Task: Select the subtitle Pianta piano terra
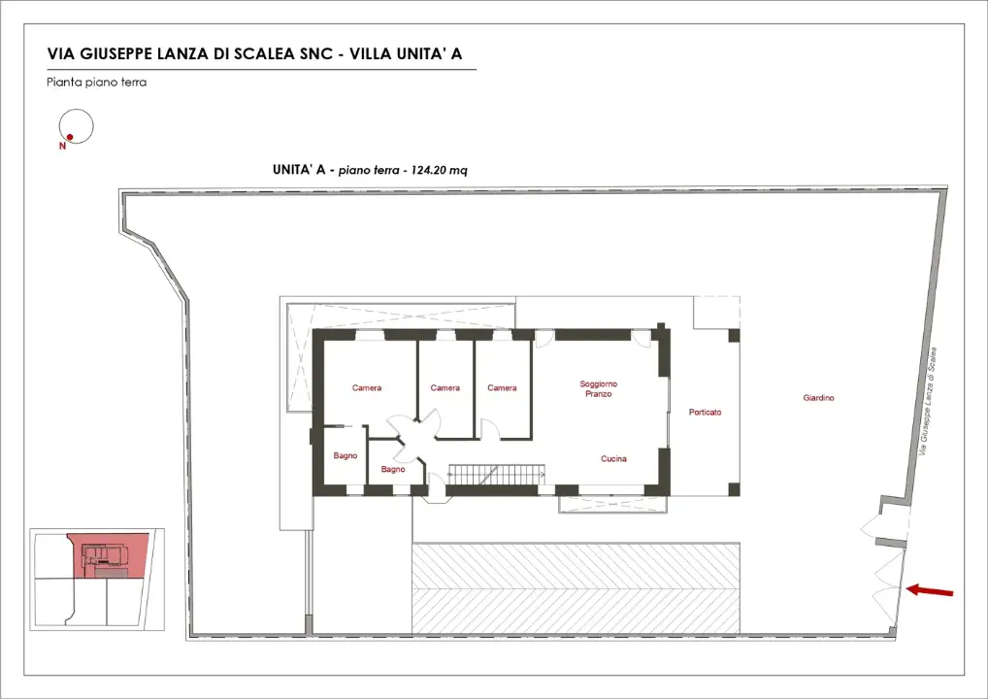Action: (96, 83)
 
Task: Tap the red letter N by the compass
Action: (62, 147)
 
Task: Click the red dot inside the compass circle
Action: (70, 137)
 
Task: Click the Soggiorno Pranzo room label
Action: (598, 388)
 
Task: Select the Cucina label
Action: (613, 458)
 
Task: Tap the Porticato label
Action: (705, 412)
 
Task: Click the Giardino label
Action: (818, 398)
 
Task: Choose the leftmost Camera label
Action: (367, 388)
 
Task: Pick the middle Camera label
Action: (445, 388)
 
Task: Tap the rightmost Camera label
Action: (502, 388)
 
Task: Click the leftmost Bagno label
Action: (345, 455)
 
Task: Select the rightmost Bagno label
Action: (393, 469)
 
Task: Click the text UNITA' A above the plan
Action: (300, 170)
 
